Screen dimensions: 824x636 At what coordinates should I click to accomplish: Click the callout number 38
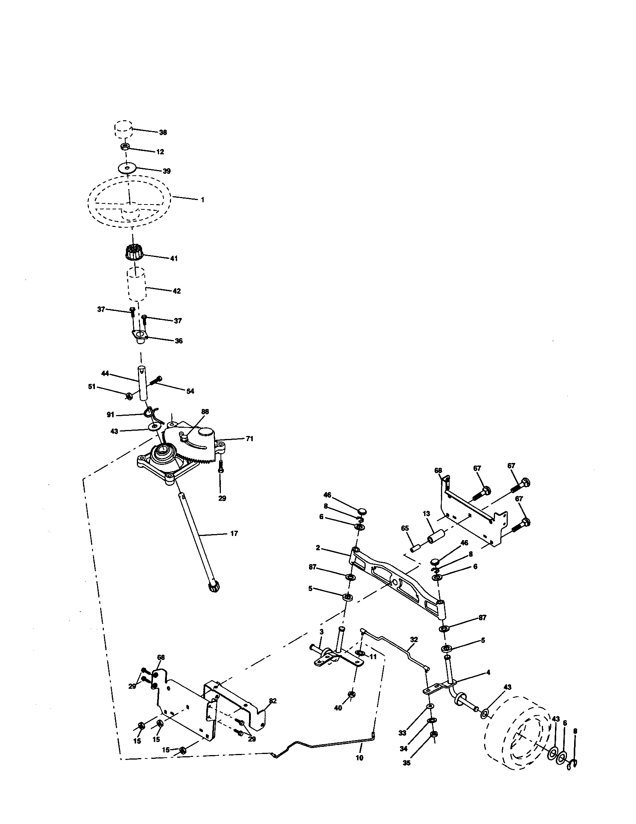[163, 133]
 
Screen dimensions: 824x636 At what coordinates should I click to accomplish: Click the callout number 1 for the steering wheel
[202, 200]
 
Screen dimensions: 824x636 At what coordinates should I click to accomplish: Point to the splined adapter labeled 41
[133, 252]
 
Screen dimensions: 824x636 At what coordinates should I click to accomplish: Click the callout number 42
[176, 291]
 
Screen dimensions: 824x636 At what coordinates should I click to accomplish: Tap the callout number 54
[190, 391]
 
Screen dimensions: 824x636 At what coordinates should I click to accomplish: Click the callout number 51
[92, 387]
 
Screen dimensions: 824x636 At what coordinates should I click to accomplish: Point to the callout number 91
[110, 415]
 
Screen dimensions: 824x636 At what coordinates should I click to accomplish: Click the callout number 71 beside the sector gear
[249, 439]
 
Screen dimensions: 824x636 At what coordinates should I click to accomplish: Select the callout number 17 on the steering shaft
[234, 533]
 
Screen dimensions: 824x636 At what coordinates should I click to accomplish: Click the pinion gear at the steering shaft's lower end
[214, 587]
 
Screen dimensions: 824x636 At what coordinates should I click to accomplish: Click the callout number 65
[405, 528]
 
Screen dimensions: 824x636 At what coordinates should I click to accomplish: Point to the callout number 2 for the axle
[318, 548]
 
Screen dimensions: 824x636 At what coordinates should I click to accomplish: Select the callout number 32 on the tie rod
[414, 639]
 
